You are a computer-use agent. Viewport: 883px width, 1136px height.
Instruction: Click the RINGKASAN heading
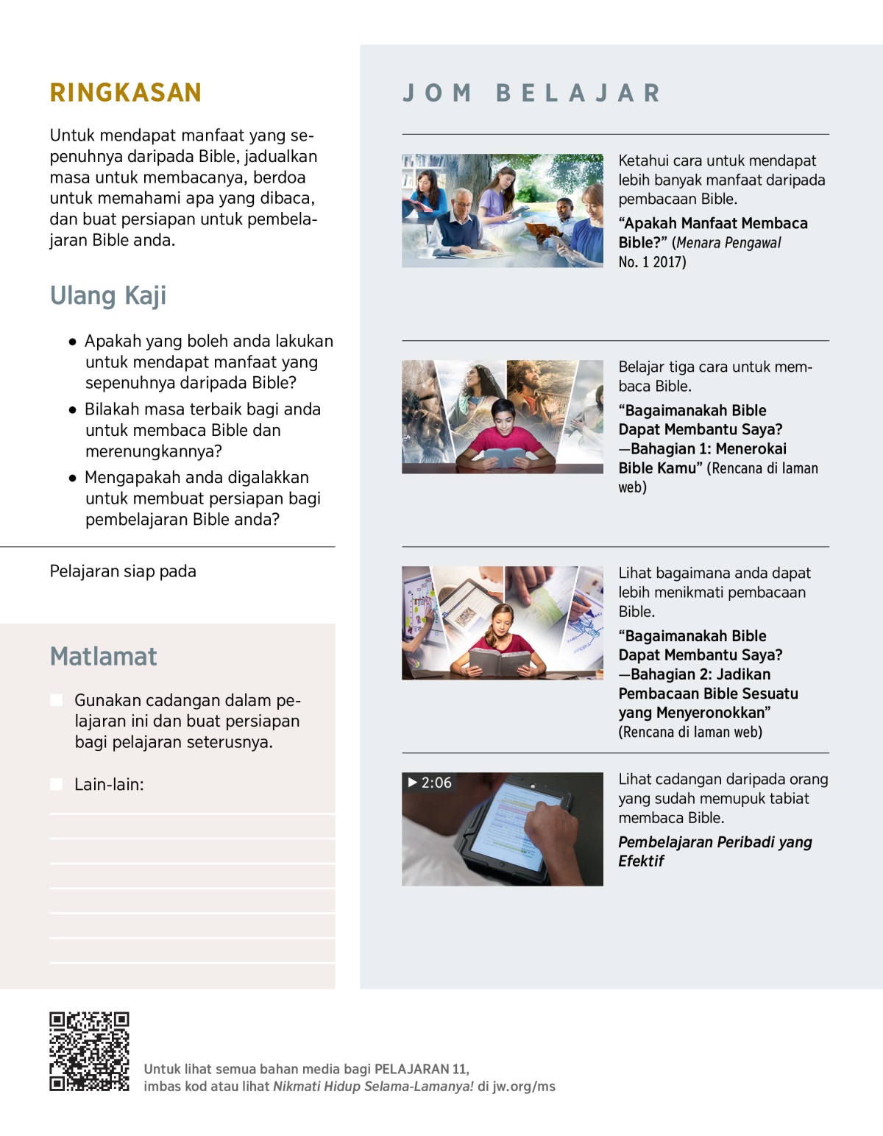pos(125,93)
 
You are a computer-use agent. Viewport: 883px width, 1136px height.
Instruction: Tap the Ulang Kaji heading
pos(108,295)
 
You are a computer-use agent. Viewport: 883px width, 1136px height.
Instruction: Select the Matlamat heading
pos(103,656)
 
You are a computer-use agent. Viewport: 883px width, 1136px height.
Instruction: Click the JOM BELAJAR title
pos(531,93)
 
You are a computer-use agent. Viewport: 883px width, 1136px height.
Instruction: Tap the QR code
pos(89,1051)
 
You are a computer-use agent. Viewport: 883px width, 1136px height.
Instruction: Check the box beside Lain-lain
pos(56,784)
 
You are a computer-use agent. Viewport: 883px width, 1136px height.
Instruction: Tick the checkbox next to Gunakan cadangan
pos(56,700)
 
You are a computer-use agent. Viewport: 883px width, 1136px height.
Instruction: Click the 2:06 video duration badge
pos(430,783)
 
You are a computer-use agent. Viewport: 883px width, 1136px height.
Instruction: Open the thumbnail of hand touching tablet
pos(503,829)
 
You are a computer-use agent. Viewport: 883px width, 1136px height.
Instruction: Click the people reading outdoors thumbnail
pos(503,211)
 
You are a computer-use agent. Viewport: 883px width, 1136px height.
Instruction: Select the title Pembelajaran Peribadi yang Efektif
pos(714,851)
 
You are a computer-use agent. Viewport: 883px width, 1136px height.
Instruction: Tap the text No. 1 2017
pos(652,262)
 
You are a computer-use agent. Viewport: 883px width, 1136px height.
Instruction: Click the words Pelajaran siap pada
pos(123,571)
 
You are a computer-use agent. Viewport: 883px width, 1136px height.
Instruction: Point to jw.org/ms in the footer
pos(524,1087)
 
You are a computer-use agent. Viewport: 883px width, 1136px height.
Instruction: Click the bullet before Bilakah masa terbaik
pos(72,410)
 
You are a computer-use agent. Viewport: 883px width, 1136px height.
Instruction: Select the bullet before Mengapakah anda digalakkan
pos(72,478)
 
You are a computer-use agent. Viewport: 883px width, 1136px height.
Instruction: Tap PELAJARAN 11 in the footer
pos(421,1069)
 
